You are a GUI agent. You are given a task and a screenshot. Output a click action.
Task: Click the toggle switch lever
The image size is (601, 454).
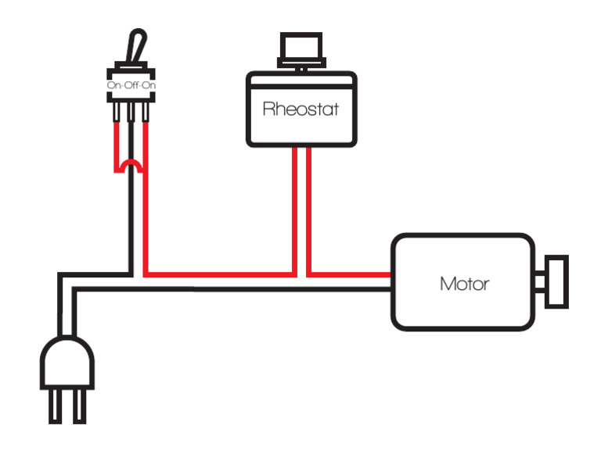[x=136, y=47]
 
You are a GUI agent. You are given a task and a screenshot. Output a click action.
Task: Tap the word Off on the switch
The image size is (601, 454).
[x=131, y=84]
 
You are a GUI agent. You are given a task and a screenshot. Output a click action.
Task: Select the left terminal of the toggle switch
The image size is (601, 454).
[x=118, y=114]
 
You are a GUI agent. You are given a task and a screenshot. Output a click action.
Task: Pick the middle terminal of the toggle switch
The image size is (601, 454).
[x=131, y=114]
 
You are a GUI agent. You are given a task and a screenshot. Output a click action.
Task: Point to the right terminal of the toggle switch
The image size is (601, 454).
[x=145, y=114]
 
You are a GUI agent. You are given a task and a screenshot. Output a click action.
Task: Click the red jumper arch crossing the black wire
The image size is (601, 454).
[x=131, y=163]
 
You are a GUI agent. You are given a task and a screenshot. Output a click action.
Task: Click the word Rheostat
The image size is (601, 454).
[x=301, y=109]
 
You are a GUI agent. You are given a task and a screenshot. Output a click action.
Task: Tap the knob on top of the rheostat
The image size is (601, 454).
[x=301, y=50]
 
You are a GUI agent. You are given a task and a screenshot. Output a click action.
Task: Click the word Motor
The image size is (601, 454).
[x=464, y=283]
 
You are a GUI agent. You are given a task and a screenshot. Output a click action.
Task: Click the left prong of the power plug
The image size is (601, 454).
[x=56, y=406]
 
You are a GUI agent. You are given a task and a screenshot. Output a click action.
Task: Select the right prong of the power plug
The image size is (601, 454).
[x=79, y=406]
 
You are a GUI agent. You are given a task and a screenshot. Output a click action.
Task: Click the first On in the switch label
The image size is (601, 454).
[x=115, y=84]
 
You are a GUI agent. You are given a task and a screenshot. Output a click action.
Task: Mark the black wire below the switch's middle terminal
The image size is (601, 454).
[x=131, y=219]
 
